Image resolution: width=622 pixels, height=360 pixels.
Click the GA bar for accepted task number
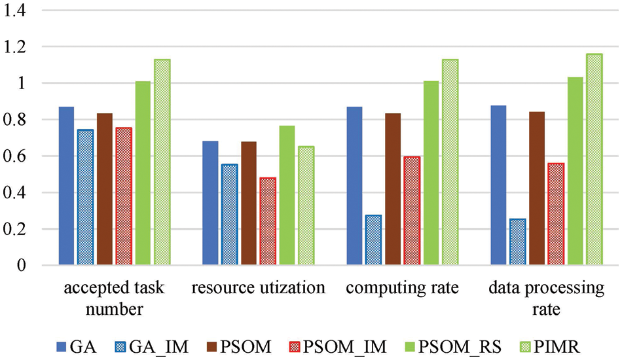66,186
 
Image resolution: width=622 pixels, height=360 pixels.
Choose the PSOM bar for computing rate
393,189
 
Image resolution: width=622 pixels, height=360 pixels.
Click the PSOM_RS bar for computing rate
430,173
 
